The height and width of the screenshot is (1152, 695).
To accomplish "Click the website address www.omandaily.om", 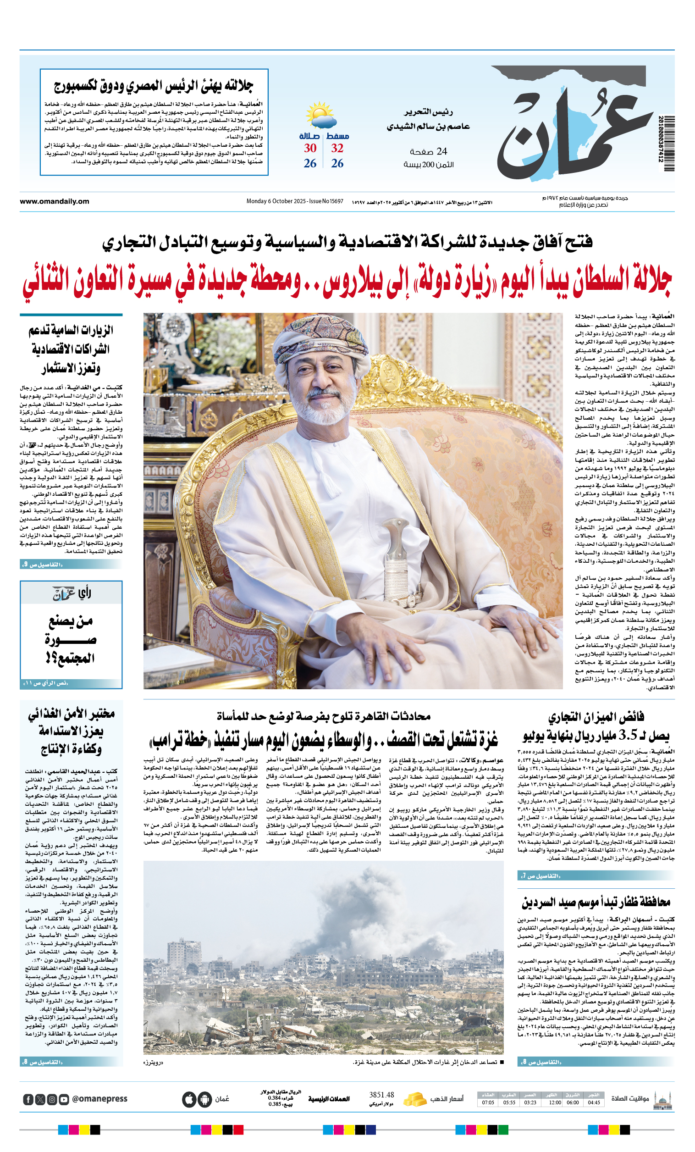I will (54, 201).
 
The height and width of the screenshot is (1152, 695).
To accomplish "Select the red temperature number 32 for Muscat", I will (337, 148).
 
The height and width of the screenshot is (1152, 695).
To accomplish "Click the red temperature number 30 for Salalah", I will (310, 148).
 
